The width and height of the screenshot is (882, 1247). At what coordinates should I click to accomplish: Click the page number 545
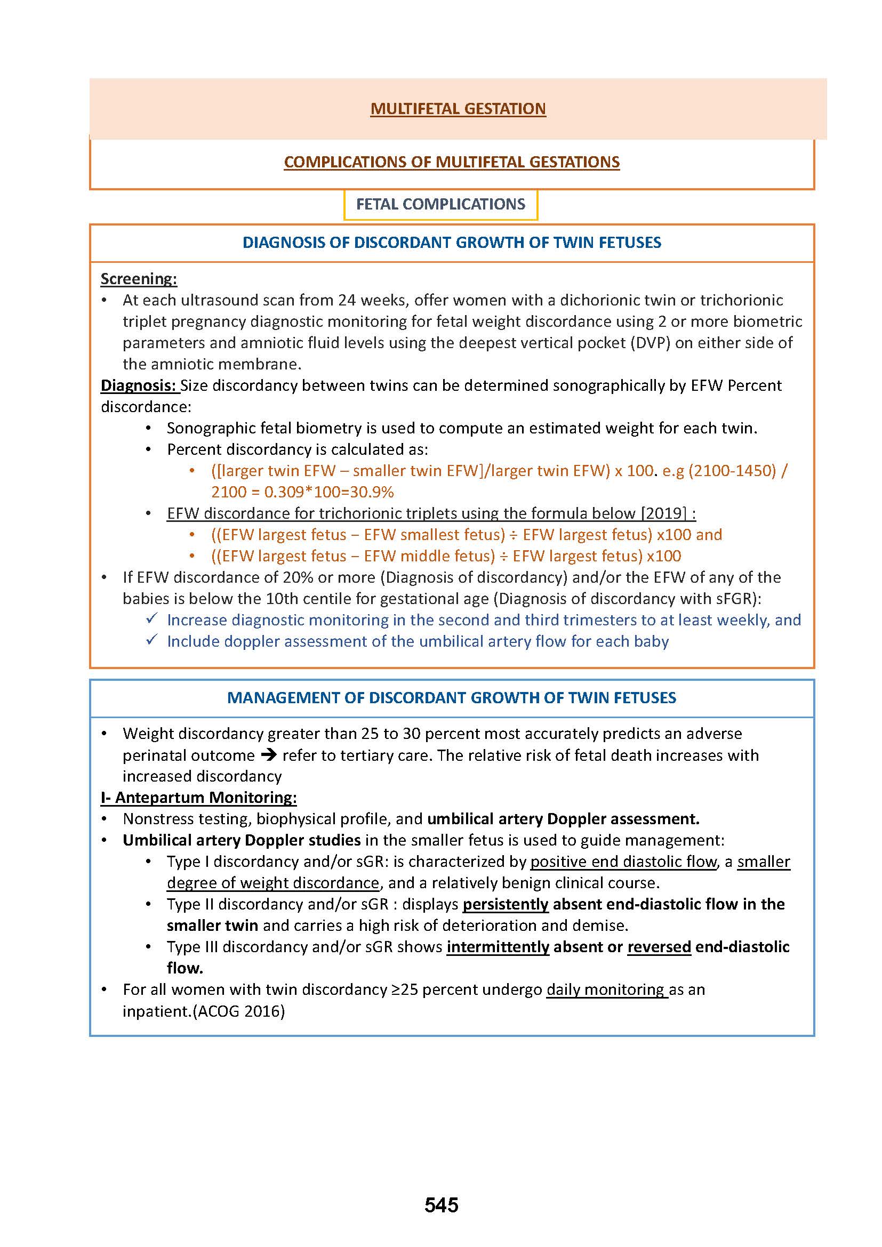441,1205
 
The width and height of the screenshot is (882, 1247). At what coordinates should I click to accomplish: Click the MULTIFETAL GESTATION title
458,109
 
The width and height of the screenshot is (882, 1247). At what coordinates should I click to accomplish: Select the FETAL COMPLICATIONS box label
440,204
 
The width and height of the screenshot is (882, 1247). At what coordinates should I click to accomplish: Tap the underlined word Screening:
139,279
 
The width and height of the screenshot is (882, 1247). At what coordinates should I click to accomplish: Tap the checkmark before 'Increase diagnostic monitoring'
152,618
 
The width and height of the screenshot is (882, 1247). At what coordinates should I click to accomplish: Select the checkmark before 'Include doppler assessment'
152,640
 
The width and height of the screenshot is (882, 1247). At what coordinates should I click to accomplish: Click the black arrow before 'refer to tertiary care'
268,755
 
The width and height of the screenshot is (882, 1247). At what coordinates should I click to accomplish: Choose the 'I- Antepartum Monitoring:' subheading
199,797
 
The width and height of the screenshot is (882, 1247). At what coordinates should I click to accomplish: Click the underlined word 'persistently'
506,904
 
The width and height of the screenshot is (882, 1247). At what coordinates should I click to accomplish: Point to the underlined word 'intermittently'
498,947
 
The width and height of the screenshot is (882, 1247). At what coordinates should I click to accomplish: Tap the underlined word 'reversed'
659,947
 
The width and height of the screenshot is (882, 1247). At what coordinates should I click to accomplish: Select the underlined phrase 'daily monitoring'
607,989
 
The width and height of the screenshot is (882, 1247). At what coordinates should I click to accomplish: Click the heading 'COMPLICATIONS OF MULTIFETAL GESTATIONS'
451,162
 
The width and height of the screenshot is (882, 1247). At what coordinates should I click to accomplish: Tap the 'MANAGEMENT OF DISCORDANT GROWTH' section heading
451,698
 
